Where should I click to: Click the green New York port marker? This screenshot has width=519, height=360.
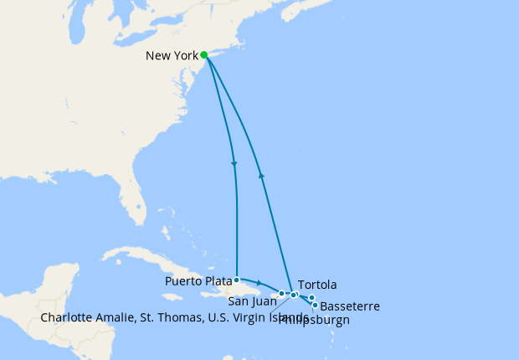pos(204,55)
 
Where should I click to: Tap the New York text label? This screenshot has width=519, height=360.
pos(172,56)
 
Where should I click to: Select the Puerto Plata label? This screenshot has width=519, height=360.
pos(198,280)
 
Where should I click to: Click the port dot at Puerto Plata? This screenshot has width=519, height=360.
pos(237,280)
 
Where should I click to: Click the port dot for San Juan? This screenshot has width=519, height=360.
pos(282,294)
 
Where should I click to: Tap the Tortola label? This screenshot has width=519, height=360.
pos(317,285)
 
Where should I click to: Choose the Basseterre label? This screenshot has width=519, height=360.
pos(350,306)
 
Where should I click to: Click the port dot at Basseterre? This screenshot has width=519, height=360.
pos(315,306)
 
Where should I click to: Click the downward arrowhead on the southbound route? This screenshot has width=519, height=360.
pos(233,163)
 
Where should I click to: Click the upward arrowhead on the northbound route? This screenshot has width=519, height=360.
pos(262,175)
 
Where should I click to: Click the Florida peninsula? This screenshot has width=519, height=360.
pos(134,201)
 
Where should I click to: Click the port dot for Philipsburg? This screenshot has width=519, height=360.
pos(311,298)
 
